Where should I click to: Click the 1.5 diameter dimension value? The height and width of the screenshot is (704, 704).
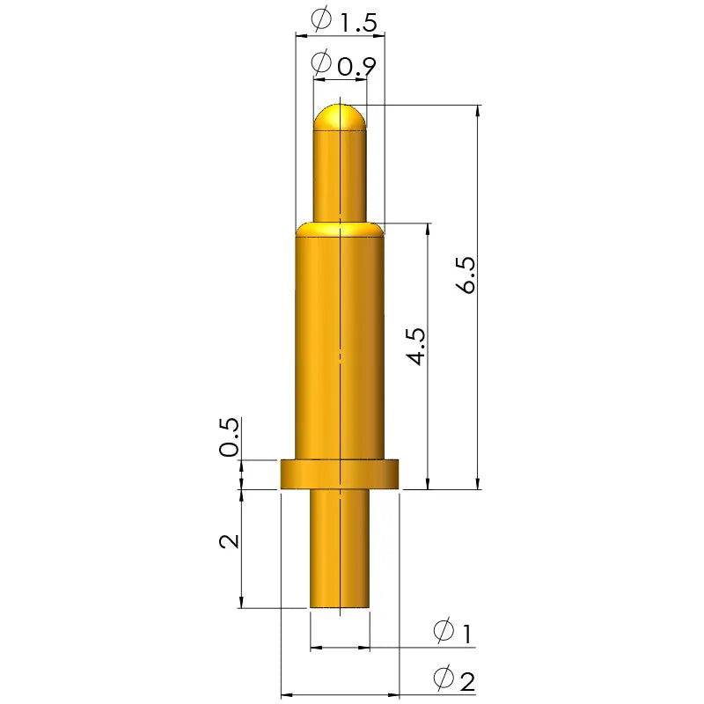pos(358,23)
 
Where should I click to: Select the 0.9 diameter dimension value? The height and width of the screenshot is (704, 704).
pos(356,68)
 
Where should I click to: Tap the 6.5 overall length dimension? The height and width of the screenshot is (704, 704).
pos(466,275)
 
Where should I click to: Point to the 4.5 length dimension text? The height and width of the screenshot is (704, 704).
pos(415,346)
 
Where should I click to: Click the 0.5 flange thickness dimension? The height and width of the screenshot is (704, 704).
pos(229,436)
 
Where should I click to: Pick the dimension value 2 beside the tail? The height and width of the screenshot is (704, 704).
pos(230,541)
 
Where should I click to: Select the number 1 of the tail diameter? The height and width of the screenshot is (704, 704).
pos(466,634)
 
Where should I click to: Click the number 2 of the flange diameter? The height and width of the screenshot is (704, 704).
pos(467,681)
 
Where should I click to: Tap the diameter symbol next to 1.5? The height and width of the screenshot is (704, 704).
pos(321,18)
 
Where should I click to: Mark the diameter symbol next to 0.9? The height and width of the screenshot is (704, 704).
pos(321,62)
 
